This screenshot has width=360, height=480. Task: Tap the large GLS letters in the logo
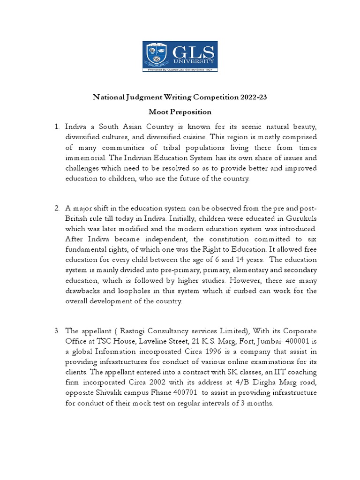click(x=192, y=52)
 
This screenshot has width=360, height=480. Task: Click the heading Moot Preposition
click(x=180, y=112)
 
